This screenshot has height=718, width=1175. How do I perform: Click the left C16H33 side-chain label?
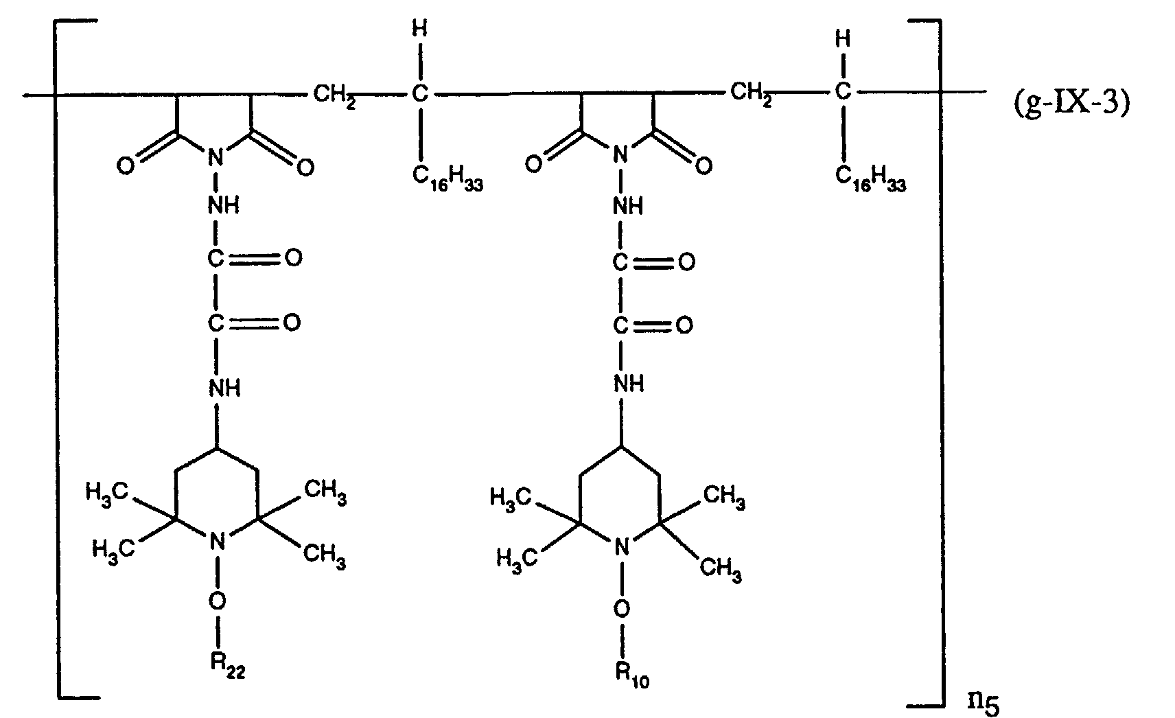(x=447, y=176)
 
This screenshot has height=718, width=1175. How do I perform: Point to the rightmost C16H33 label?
(x=870, y=176)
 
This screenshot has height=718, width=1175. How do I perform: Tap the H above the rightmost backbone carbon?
(x=844, y=39)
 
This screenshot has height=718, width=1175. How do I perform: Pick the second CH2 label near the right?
(x=751, y=93)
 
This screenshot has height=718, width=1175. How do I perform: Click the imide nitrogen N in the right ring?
(x=620, y=156)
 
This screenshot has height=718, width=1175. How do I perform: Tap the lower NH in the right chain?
(x=628, y=382)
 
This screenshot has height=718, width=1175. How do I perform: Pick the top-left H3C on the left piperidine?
(x=107, y=491)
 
